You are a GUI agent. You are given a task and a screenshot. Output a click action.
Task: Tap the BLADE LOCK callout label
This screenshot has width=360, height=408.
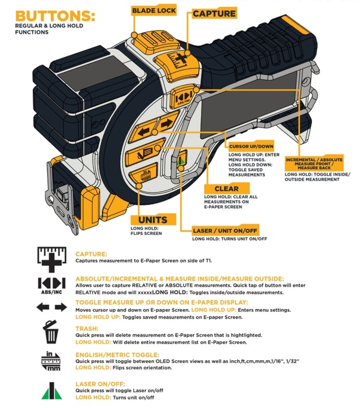154,10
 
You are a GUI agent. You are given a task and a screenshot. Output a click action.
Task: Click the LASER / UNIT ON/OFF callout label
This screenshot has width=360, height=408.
225,230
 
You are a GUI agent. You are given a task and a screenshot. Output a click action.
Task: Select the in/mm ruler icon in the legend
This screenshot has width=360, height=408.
52,360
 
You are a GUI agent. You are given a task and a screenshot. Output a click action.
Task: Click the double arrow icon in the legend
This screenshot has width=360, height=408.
52,307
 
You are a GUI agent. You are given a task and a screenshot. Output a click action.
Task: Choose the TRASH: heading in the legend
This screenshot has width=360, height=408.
87,328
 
